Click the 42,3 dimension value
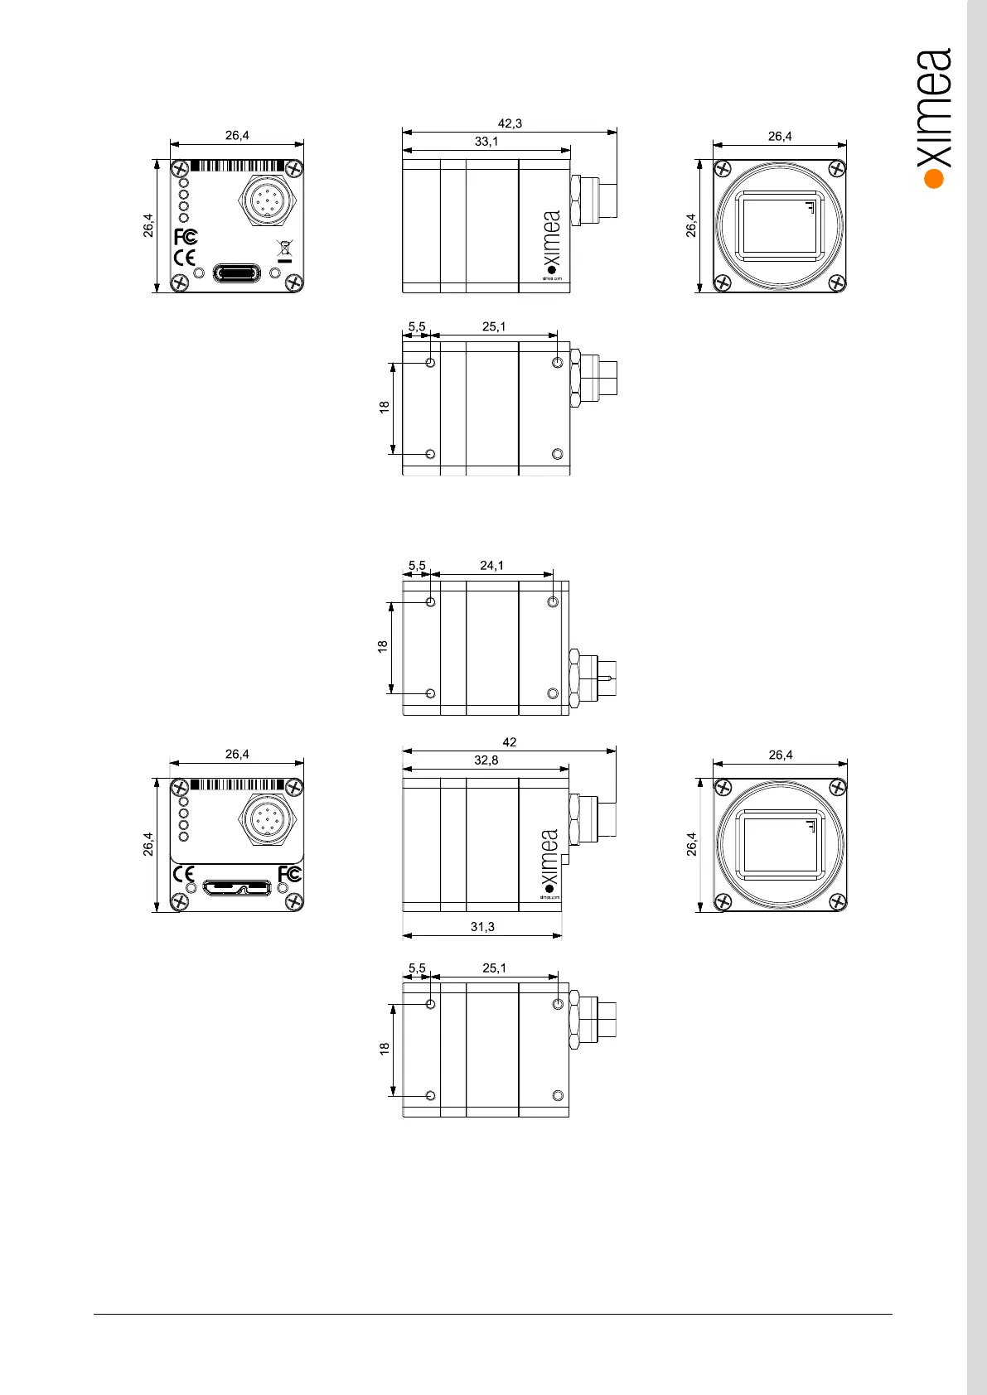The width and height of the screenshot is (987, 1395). (x=510, y=123)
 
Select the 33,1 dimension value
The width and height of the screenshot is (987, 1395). (x=486, y=142)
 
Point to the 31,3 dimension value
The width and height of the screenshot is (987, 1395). (x=482, y=926)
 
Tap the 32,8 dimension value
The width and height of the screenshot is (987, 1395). (x=486, y=760)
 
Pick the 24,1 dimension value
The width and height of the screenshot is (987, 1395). (x=491, y=566)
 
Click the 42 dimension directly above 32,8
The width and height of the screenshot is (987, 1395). (x=510, y=742)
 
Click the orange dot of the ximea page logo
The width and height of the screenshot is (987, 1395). (x=934, y=178)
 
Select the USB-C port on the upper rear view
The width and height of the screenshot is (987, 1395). (x=237, y=273)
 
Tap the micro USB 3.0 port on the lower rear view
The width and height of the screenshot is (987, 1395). (x=237, y=888)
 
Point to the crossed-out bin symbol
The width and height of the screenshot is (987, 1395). (x=284, y=248)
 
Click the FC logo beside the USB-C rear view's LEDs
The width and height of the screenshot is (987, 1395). (x=186, y=237)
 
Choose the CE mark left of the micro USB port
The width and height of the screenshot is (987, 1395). (x=183, y=874)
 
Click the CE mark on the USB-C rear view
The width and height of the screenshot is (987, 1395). (x=184, y=258)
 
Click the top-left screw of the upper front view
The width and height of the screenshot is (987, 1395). (x=722, y=168)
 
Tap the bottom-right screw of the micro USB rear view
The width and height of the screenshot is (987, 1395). (x=294, y=902)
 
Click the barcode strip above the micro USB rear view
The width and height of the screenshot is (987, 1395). (x=238, y=784)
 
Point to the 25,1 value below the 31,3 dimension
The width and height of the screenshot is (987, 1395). (x=494, y=968)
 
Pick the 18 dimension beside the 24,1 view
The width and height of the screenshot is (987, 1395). (x=383, y=646)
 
